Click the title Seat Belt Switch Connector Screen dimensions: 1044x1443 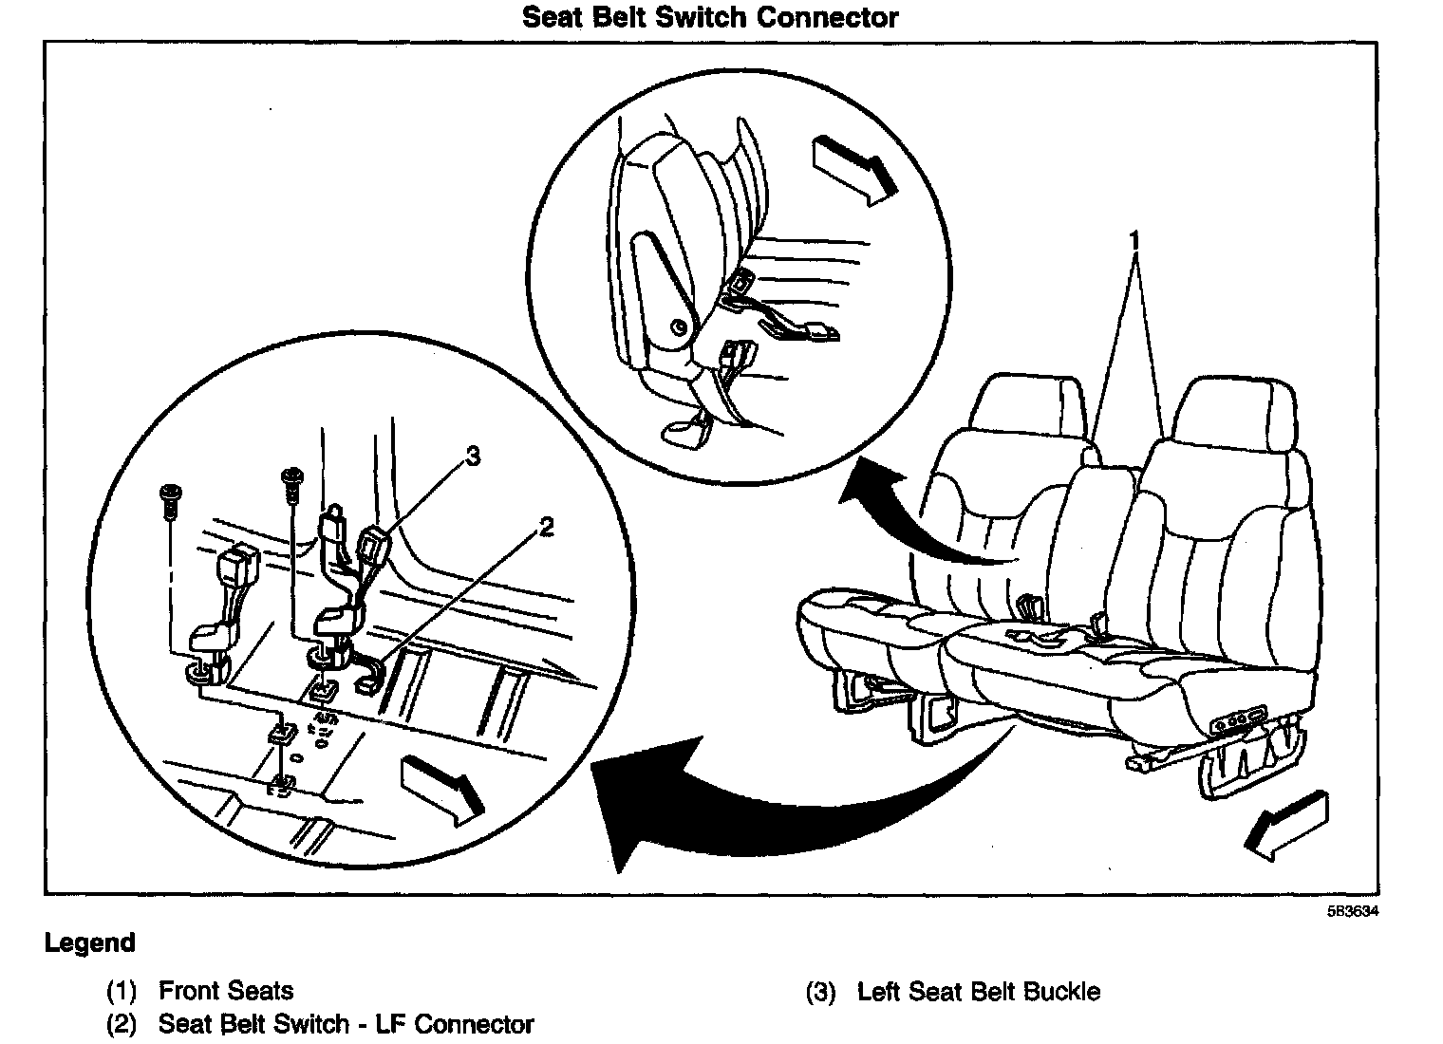710,17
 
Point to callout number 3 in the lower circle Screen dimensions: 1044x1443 472,457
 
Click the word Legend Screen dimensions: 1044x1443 90,943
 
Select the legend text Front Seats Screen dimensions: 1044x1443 226,991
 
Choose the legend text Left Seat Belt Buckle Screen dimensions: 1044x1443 978,993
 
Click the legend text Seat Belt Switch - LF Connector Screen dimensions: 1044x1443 346,1025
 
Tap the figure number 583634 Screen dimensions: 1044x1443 1352,912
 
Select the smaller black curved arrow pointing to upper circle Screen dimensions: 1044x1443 911,517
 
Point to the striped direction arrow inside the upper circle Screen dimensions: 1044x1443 853,169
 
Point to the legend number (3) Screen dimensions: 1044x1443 820,993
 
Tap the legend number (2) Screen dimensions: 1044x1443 121,1025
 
